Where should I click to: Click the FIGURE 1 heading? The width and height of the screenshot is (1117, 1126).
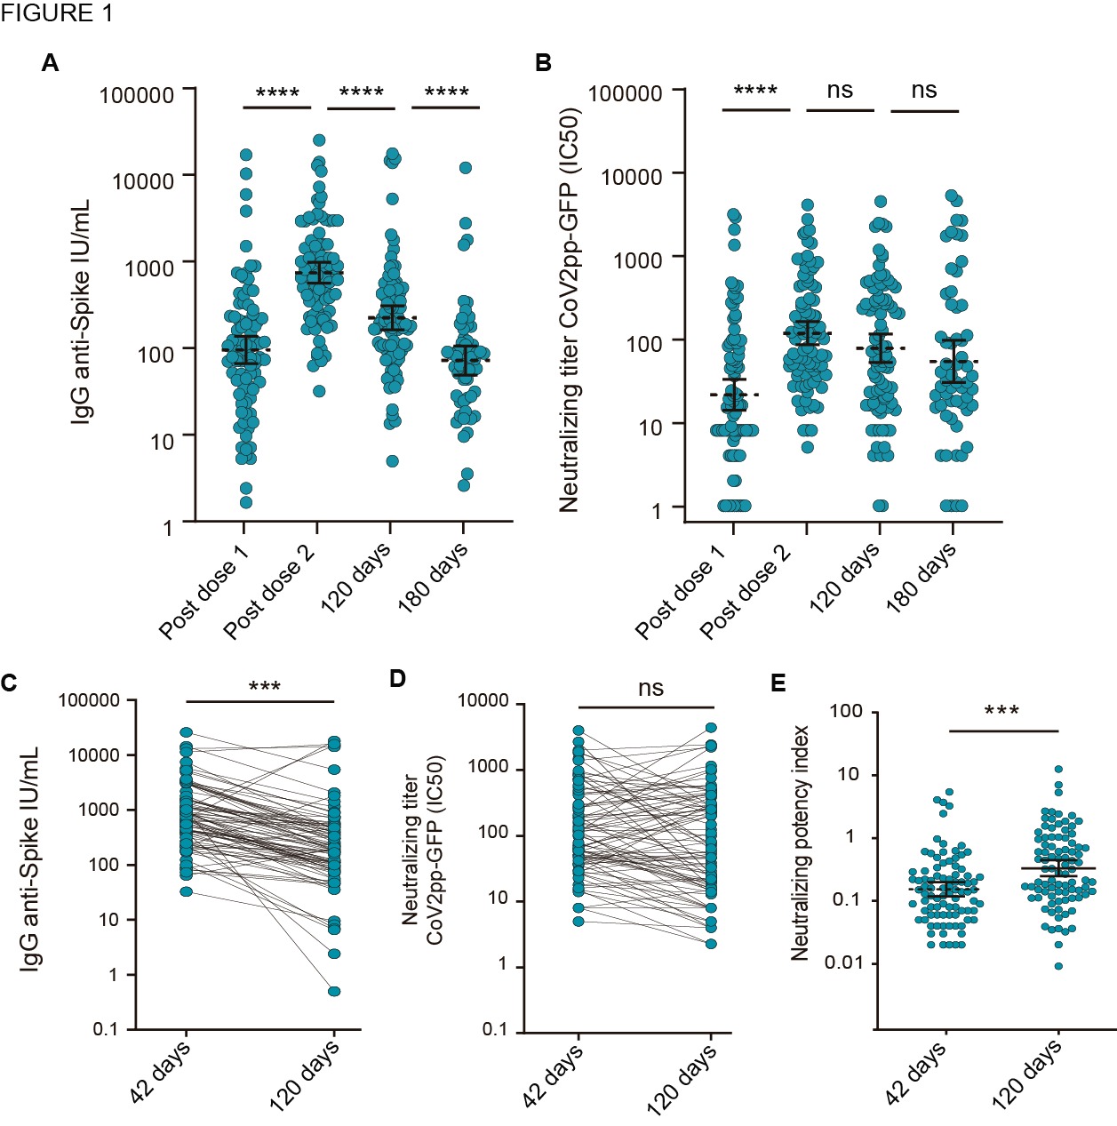57,13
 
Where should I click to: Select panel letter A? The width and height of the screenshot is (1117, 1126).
51,63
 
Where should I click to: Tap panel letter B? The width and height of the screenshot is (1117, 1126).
543,63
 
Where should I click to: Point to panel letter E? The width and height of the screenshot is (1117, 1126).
778,683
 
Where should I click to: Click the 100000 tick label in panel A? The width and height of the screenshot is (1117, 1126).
137,95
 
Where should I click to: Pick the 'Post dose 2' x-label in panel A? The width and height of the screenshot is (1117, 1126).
269,592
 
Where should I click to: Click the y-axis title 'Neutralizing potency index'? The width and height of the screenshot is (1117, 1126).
800,843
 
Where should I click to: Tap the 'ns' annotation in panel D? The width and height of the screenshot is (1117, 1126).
650,688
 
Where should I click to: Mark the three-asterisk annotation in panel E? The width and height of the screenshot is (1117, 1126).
1001,712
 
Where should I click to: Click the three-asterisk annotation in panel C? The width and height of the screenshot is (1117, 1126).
265,687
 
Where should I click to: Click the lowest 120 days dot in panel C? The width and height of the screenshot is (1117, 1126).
334,991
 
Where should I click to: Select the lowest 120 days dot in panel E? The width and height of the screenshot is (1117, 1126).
1058,966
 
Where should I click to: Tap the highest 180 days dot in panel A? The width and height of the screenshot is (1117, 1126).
465,168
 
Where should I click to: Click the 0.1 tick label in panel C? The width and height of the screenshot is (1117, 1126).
105,1029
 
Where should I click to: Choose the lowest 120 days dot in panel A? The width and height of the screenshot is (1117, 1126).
392,461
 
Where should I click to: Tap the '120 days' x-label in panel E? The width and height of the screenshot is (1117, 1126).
1027,1075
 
